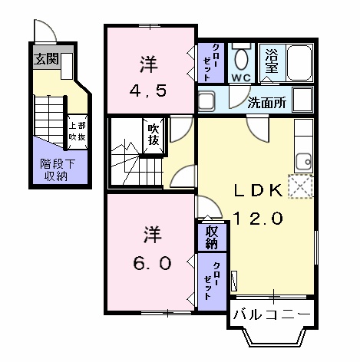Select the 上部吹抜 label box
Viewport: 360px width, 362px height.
tap(77, 130)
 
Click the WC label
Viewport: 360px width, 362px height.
tap(241, 77)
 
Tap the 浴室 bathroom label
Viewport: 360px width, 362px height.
tap(272, 61)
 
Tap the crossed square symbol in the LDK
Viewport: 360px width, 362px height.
tap(301, 185)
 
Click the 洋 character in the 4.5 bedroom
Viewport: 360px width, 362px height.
tap(150, 61)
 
